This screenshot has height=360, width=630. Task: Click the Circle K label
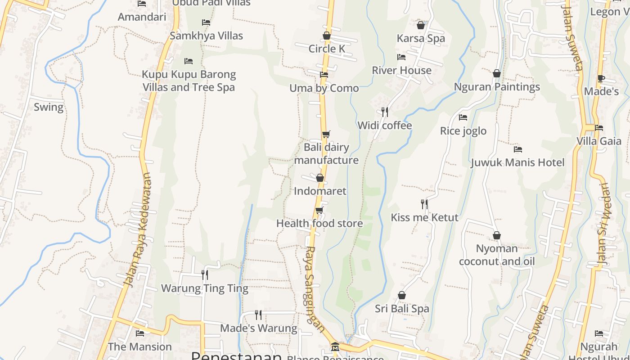tap(327, 49)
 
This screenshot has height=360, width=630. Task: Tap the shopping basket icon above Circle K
tap(327, 36)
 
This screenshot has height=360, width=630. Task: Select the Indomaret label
tap(320, 191)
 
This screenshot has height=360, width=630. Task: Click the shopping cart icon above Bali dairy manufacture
tap(326, 134)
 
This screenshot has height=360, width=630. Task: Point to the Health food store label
tap(319, 223)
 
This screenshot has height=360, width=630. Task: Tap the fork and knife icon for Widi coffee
tap(384, 112)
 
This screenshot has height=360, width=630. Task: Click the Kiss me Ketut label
tap(424, 217)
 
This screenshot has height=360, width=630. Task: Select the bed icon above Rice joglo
tap(463, 117)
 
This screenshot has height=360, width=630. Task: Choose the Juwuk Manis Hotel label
tap(517, 162)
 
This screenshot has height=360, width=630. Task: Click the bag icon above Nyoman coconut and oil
tap(497, 235)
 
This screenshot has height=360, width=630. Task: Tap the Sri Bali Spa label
tap(402, 309)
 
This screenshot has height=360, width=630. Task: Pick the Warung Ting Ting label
tap(205, 288)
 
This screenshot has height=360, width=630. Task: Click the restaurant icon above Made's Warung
tap(258, 315)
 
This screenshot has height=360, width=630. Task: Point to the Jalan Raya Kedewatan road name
tap(138, 229)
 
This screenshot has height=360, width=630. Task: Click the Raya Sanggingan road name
tap(315, 288)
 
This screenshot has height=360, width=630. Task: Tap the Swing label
tap(49, 107)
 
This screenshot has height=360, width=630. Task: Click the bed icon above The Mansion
tap(140, 333)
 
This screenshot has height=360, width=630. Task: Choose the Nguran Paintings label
tap(497, 86)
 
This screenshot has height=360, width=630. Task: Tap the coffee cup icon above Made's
tap(601, 79)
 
